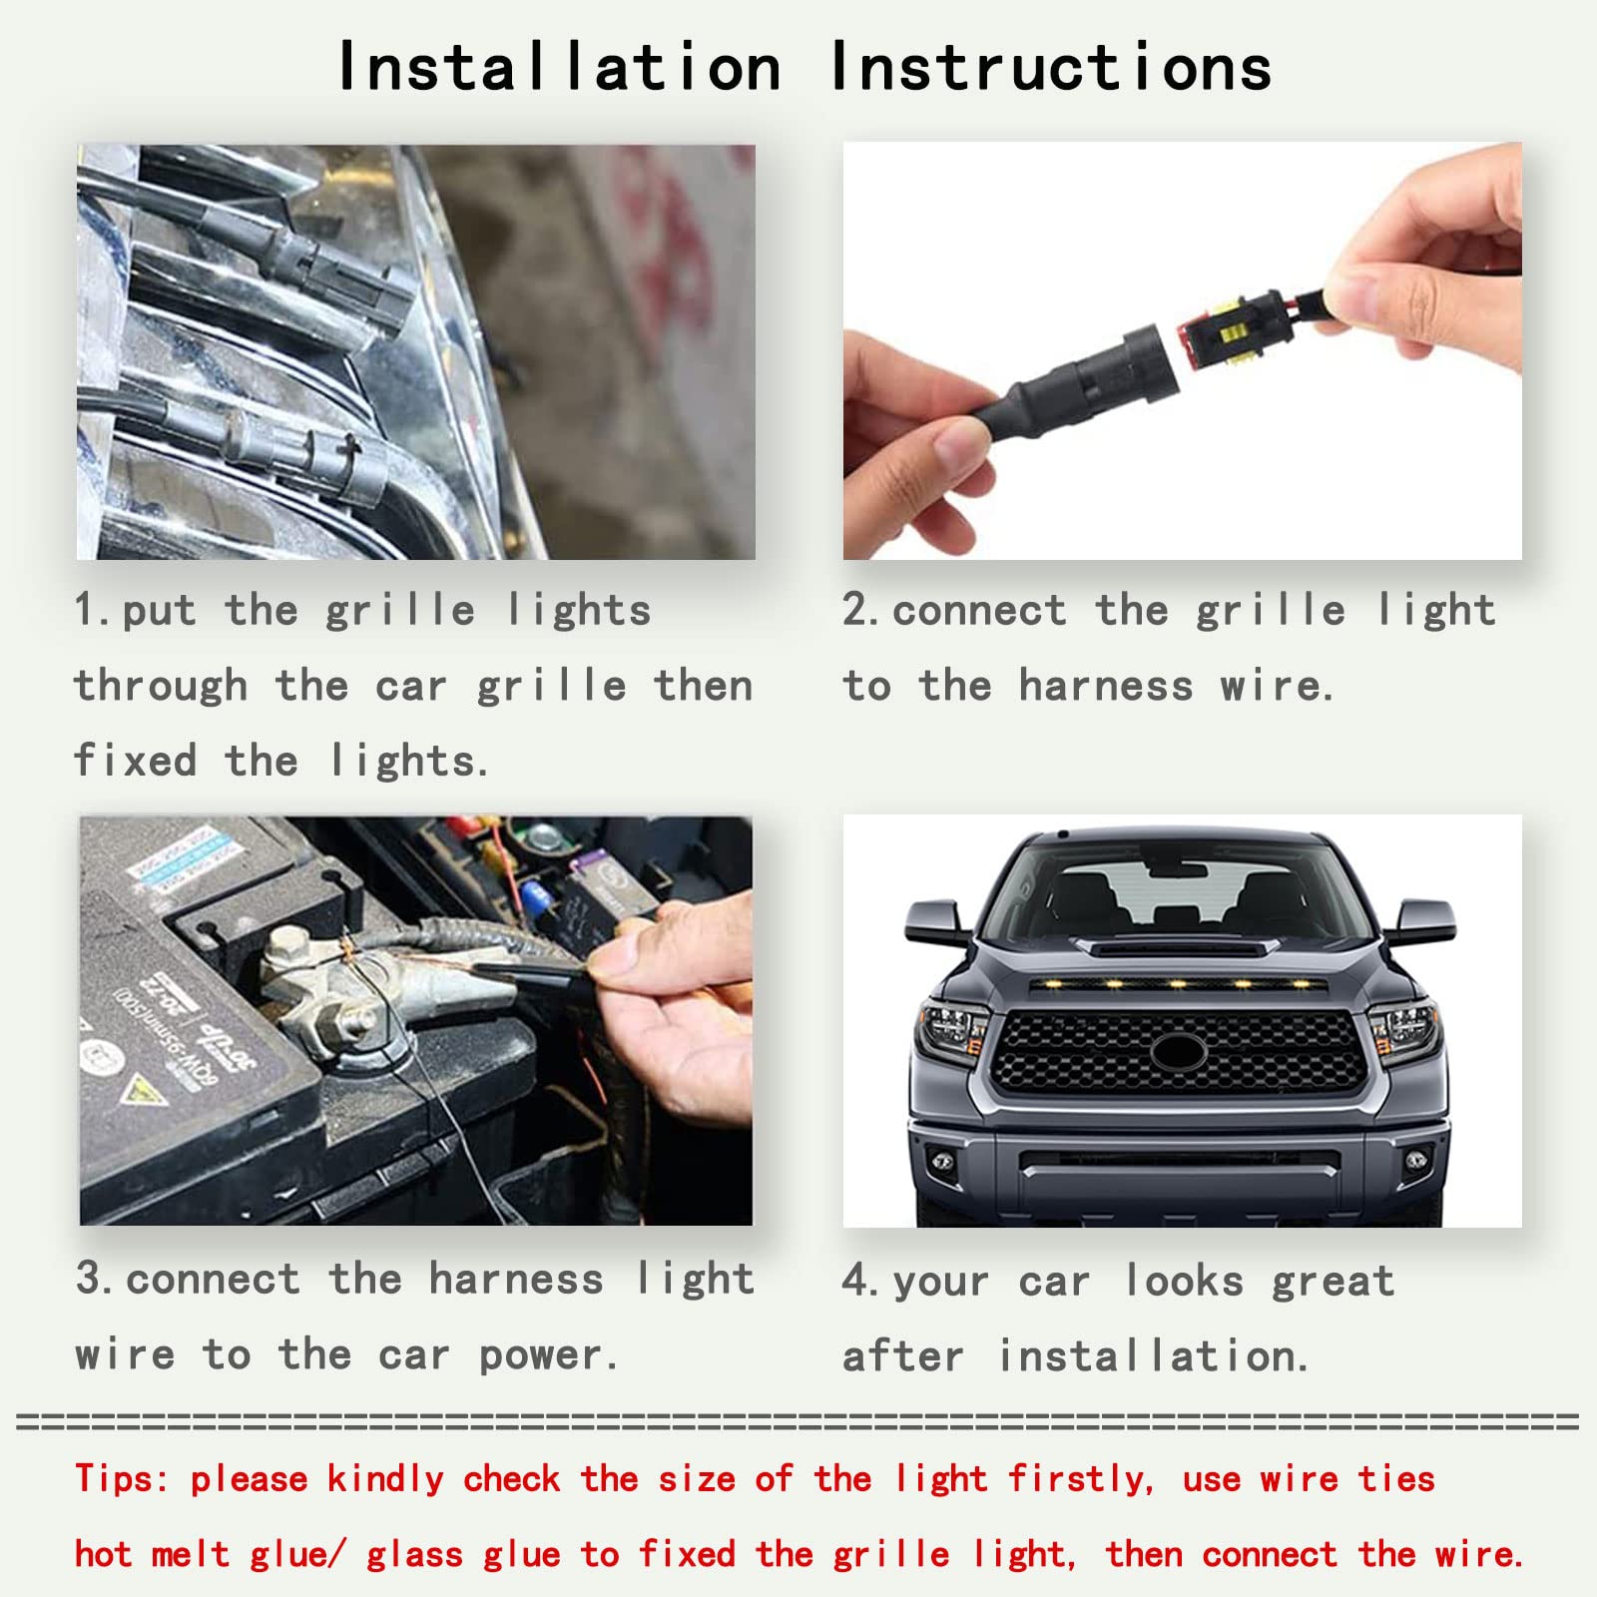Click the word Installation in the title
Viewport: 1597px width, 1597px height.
[x=559, y=68]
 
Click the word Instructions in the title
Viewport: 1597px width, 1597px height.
[x=1051, y=68]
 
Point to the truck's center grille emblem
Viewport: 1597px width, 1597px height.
[x=1180, y=1051]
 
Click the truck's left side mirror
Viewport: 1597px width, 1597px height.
[x=936, y=920]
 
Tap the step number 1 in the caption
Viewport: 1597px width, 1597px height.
[x=86, y=610]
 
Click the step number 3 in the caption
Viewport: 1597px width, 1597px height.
[x=88, y=1279]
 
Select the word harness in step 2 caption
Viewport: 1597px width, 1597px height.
[x=1105, y=686]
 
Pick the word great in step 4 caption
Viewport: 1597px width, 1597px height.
[x=1332, y=1281]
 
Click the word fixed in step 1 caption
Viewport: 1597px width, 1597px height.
[x=135, y=761]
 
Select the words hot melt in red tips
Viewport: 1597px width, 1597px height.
[x=152, y=1554]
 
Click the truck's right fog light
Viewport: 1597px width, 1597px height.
[x=1414, y=1160]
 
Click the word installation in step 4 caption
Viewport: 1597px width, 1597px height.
[x=1153, y=1356]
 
